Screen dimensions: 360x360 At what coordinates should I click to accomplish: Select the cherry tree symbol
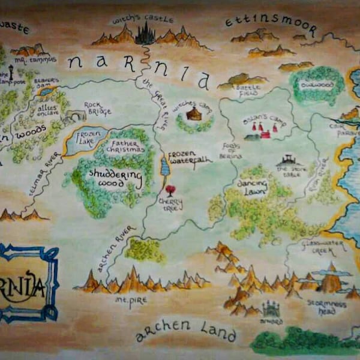tap(170, 191)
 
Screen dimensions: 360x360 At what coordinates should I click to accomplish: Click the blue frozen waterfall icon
tap(165, 167)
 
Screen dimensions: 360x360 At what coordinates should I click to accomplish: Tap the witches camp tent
tap(193, 113)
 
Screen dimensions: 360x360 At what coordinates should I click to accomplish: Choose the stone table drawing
tap(290, 161)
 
